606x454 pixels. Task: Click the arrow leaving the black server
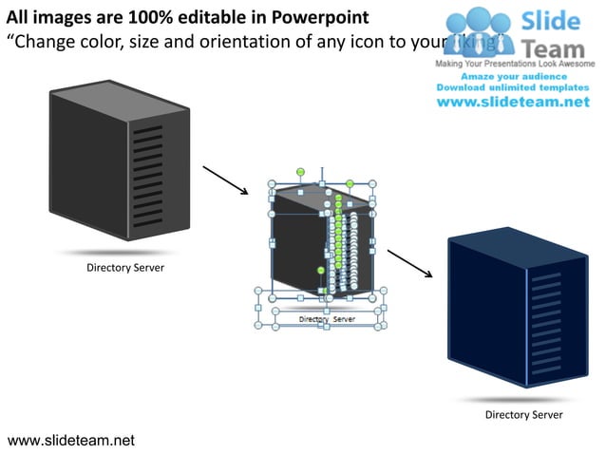tap(225, 180)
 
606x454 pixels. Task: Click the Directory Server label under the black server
tap(125, 268)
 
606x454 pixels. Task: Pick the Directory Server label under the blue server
tap(523, 415)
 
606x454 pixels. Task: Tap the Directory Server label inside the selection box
tap(327, 320)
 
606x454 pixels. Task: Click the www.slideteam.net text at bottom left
tap(71, 440)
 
